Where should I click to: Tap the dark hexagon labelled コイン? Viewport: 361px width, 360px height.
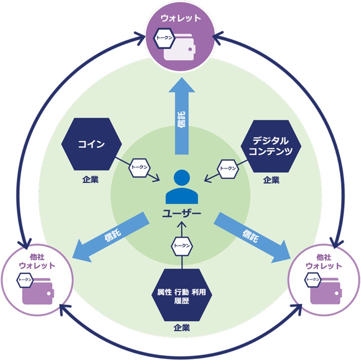click(92, 144)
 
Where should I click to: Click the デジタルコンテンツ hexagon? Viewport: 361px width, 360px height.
click(271, 146)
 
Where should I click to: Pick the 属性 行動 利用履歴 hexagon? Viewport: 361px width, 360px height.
click(182, 295)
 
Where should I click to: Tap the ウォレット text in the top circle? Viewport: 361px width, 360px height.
click(181, 19)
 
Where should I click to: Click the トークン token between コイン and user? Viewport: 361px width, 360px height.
click(139, 168)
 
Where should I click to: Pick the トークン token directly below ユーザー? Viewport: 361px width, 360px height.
click(182, 246)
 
